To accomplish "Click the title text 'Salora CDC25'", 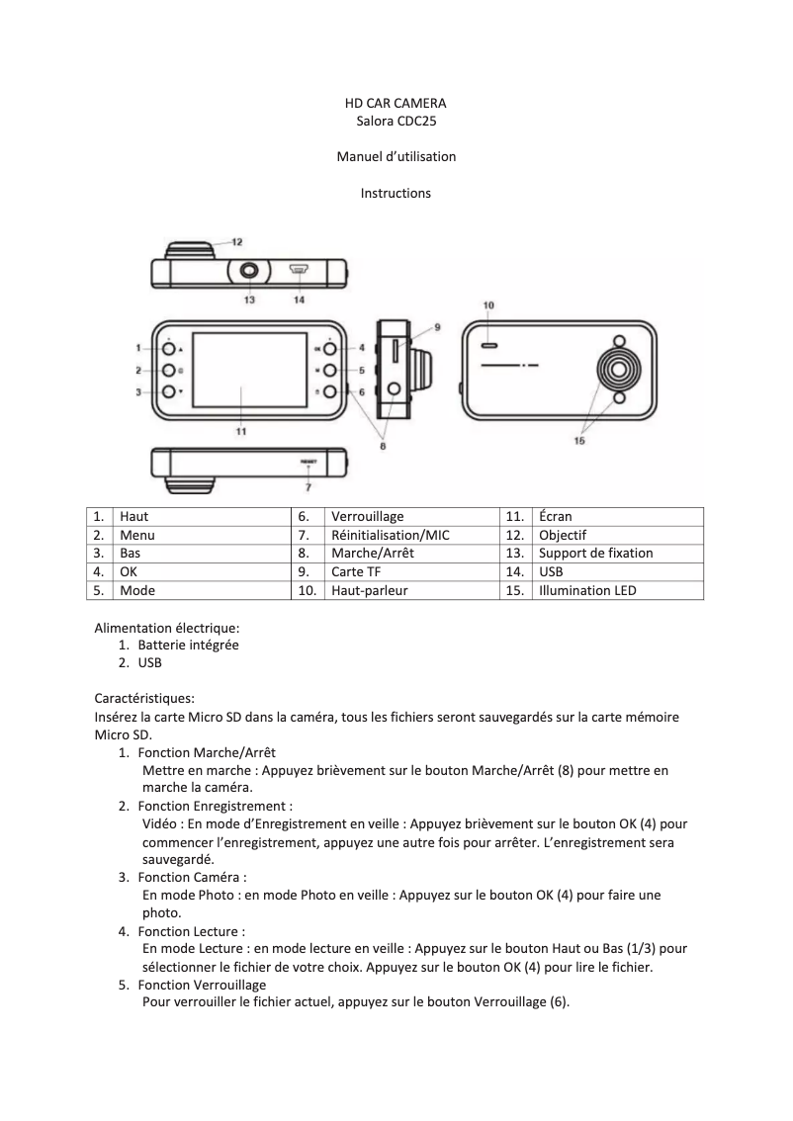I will point(396,121).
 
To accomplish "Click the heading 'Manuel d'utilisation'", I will point(396,156).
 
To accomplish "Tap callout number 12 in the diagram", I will point(238,241).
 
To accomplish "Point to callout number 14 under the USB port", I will point(299,299).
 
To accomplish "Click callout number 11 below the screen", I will point(240,431).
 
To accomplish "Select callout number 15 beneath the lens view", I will point(579,441).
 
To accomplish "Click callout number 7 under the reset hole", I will point(308,486).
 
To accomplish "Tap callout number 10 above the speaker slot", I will point(488,305).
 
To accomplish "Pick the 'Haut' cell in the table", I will point(134,516).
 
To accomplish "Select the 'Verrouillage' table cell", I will point(367,516).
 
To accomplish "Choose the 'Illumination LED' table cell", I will point(587,590).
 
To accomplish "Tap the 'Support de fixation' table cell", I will point(595,553).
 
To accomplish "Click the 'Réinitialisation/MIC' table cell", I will point(390,535).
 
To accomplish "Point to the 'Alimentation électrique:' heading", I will point(167,627).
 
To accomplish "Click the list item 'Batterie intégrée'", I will point(188,645).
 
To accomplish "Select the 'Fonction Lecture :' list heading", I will point(191,931).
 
